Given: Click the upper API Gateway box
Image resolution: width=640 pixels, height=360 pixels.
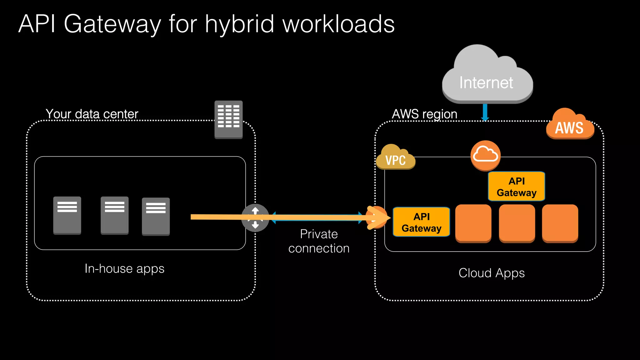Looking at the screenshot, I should tap(516, 187).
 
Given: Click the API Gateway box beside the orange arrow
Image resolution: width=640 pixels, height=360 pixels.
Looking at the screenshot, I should tap(421, 222).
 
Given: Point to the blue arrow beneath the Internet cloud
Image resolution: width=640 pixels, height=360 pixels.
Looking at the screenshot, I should tap(485, 112).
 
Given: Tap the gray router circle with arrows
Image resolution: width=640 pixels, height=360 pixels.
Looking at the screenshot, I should tap(255, 218).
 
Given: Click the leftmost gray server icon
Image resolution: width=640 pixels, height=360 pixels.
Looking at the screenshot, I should tap(67, 215).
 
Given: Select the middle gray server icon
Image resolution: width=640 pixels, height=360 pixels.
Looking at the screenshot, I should tap(114, 215).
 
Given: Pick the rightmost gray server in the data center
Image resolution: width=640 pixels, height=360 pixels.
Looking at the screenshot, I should tap(156, 216).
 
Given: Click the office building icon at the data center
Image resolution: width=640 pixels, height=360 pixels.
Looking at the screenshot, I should tap(228, 119).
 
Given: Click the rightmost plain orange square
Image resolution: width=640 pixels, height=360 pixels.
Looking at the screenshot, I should tap(560, 223).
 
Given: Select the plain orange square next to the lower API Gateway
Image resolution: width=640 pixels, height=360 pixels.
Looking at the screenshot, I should tap(473, 223).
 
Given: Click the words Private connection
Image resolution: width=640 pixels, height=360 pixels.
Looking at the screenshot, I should tap(319, 241).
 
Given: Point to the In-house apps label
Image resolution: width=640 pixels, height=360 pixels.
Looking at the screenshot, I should tap(124, 269).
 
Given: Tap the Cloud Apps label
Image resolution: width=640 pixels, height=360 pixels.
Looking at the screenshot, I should tap(491, 273).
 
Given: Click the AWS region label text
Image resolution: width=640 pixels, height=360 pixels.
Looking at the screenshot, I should tap(424, 114).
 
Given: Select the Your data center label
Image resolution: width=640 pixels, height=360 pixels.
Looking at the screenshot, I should tap(92, 114).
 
